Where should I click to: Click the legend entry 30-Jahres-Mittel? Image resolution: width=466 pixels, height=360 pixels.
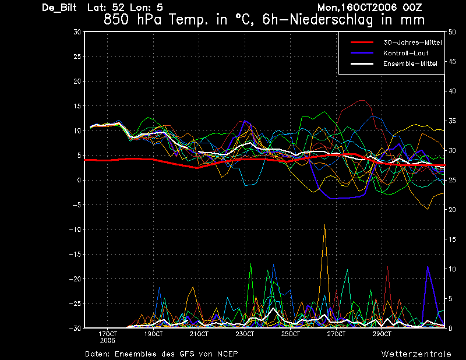point(412,43)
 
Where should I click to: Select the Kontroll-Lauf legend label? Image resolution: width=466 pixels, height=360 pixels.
point(405,53)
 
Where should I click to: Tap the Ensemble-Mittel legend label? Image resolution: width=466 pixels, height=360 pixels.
point(410,63)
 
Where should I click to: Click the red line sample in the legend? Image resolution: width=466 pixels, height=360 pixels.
point(362,43)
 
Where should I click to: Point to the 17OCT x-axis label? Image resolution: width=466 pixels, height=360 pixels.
point(108,334)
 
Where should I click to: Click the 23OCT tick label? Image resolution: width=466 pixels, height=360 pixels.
point(245,334)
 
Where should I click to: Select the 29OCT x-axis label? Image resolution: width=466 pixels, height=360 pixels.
point(382,334)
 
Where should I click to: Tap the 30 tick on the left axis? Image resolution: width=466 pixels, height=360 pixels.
point(77,32)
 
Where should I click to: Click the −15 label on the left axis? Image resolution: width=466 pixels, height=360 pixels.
point(75,254)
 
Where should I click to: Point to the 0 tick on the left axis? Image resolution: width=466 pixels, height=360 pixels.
point(79,180)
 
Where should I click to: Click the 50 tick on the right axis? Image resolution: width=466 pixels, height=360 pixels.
point(452,32)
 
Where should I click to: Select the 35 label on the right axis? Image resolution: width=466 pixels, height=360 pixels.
point(452,121)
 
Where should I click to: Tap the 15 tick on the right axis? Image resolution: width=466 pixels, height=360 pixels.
point(452,239)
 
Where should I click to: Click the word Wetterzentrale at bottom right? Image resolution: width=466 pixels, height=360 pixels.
point(416,354)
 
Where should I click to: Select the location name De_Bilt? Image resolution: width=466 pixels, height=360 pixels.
point(59,8)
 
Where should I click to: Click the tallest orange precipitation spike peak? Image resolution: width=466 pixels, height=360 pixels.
point(324,225)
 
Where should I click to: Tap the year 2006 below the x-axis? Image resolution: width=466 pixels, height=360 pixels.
point(108,341)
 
